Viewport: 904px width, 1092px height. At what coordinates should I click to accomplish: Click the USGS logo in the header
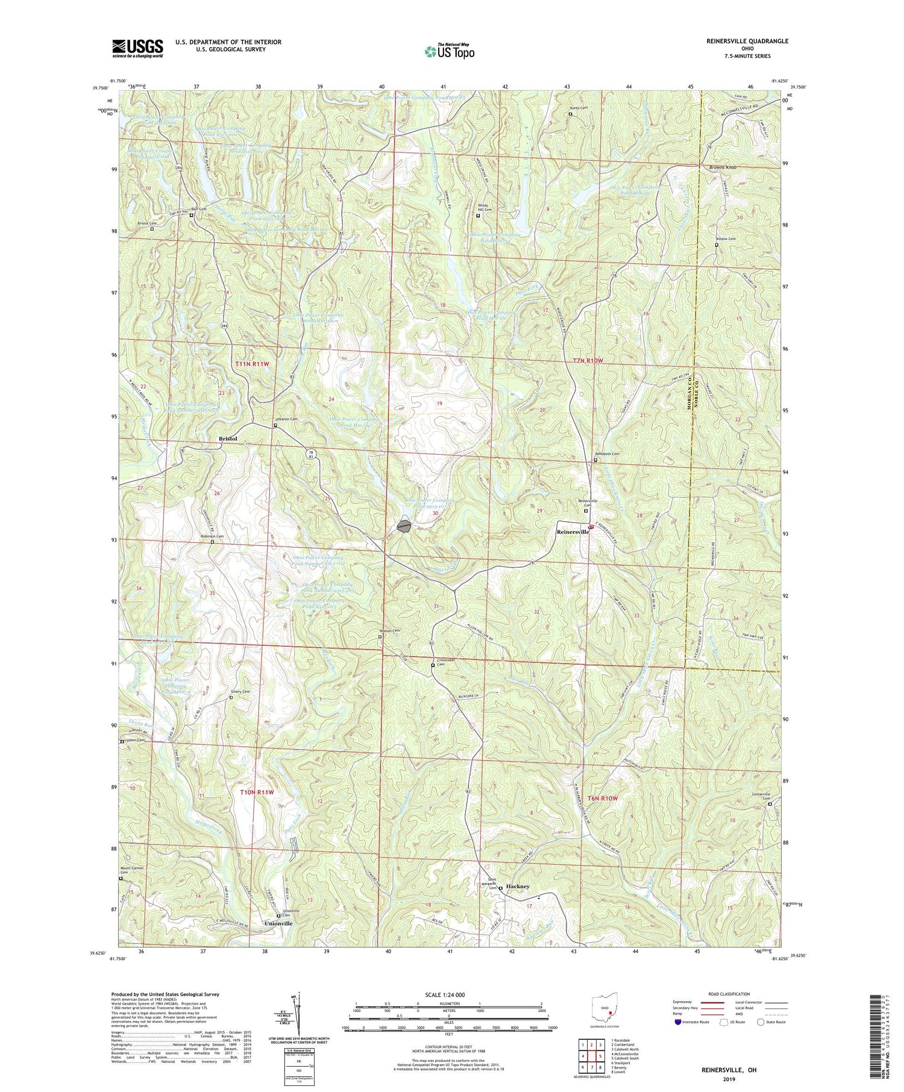coord(137,48)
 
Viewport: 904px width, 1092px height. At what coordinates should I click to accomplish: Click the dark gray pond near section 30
coord(404,525)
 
